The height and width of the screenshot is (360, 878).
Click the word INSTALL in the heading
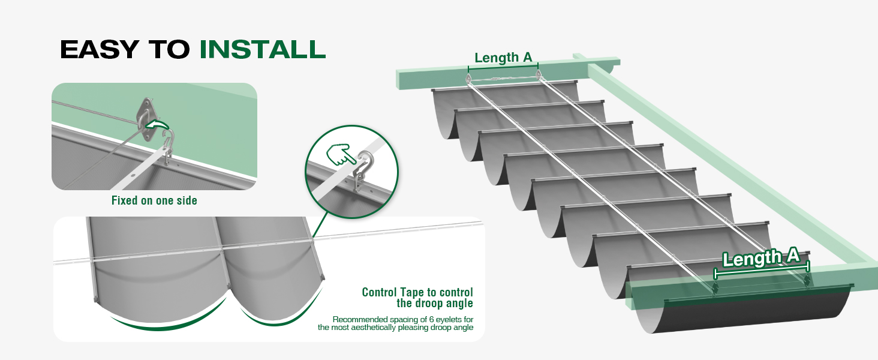[263, 49]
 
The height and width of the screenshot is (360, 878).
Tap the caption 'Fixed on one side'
[154, 200]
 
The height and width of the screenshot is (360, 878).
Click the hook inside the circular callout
[363, 169]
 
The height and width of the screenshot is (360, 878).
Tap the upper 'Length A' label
[503, 58]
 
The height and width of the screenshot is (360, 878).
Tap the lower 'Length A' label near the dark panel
[760, 257]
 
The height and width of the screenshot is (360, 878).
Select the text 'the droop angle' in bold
[435, 303]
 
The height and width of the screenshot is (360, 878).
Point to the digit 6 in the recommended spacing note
[432, 320]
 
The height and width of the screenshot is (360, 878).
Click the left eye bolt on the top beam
[468, 77]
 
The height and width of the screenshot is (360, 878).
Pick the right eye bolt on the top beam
[538, 74]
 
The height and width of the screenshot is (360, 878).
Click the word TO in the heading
[169, 49]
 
